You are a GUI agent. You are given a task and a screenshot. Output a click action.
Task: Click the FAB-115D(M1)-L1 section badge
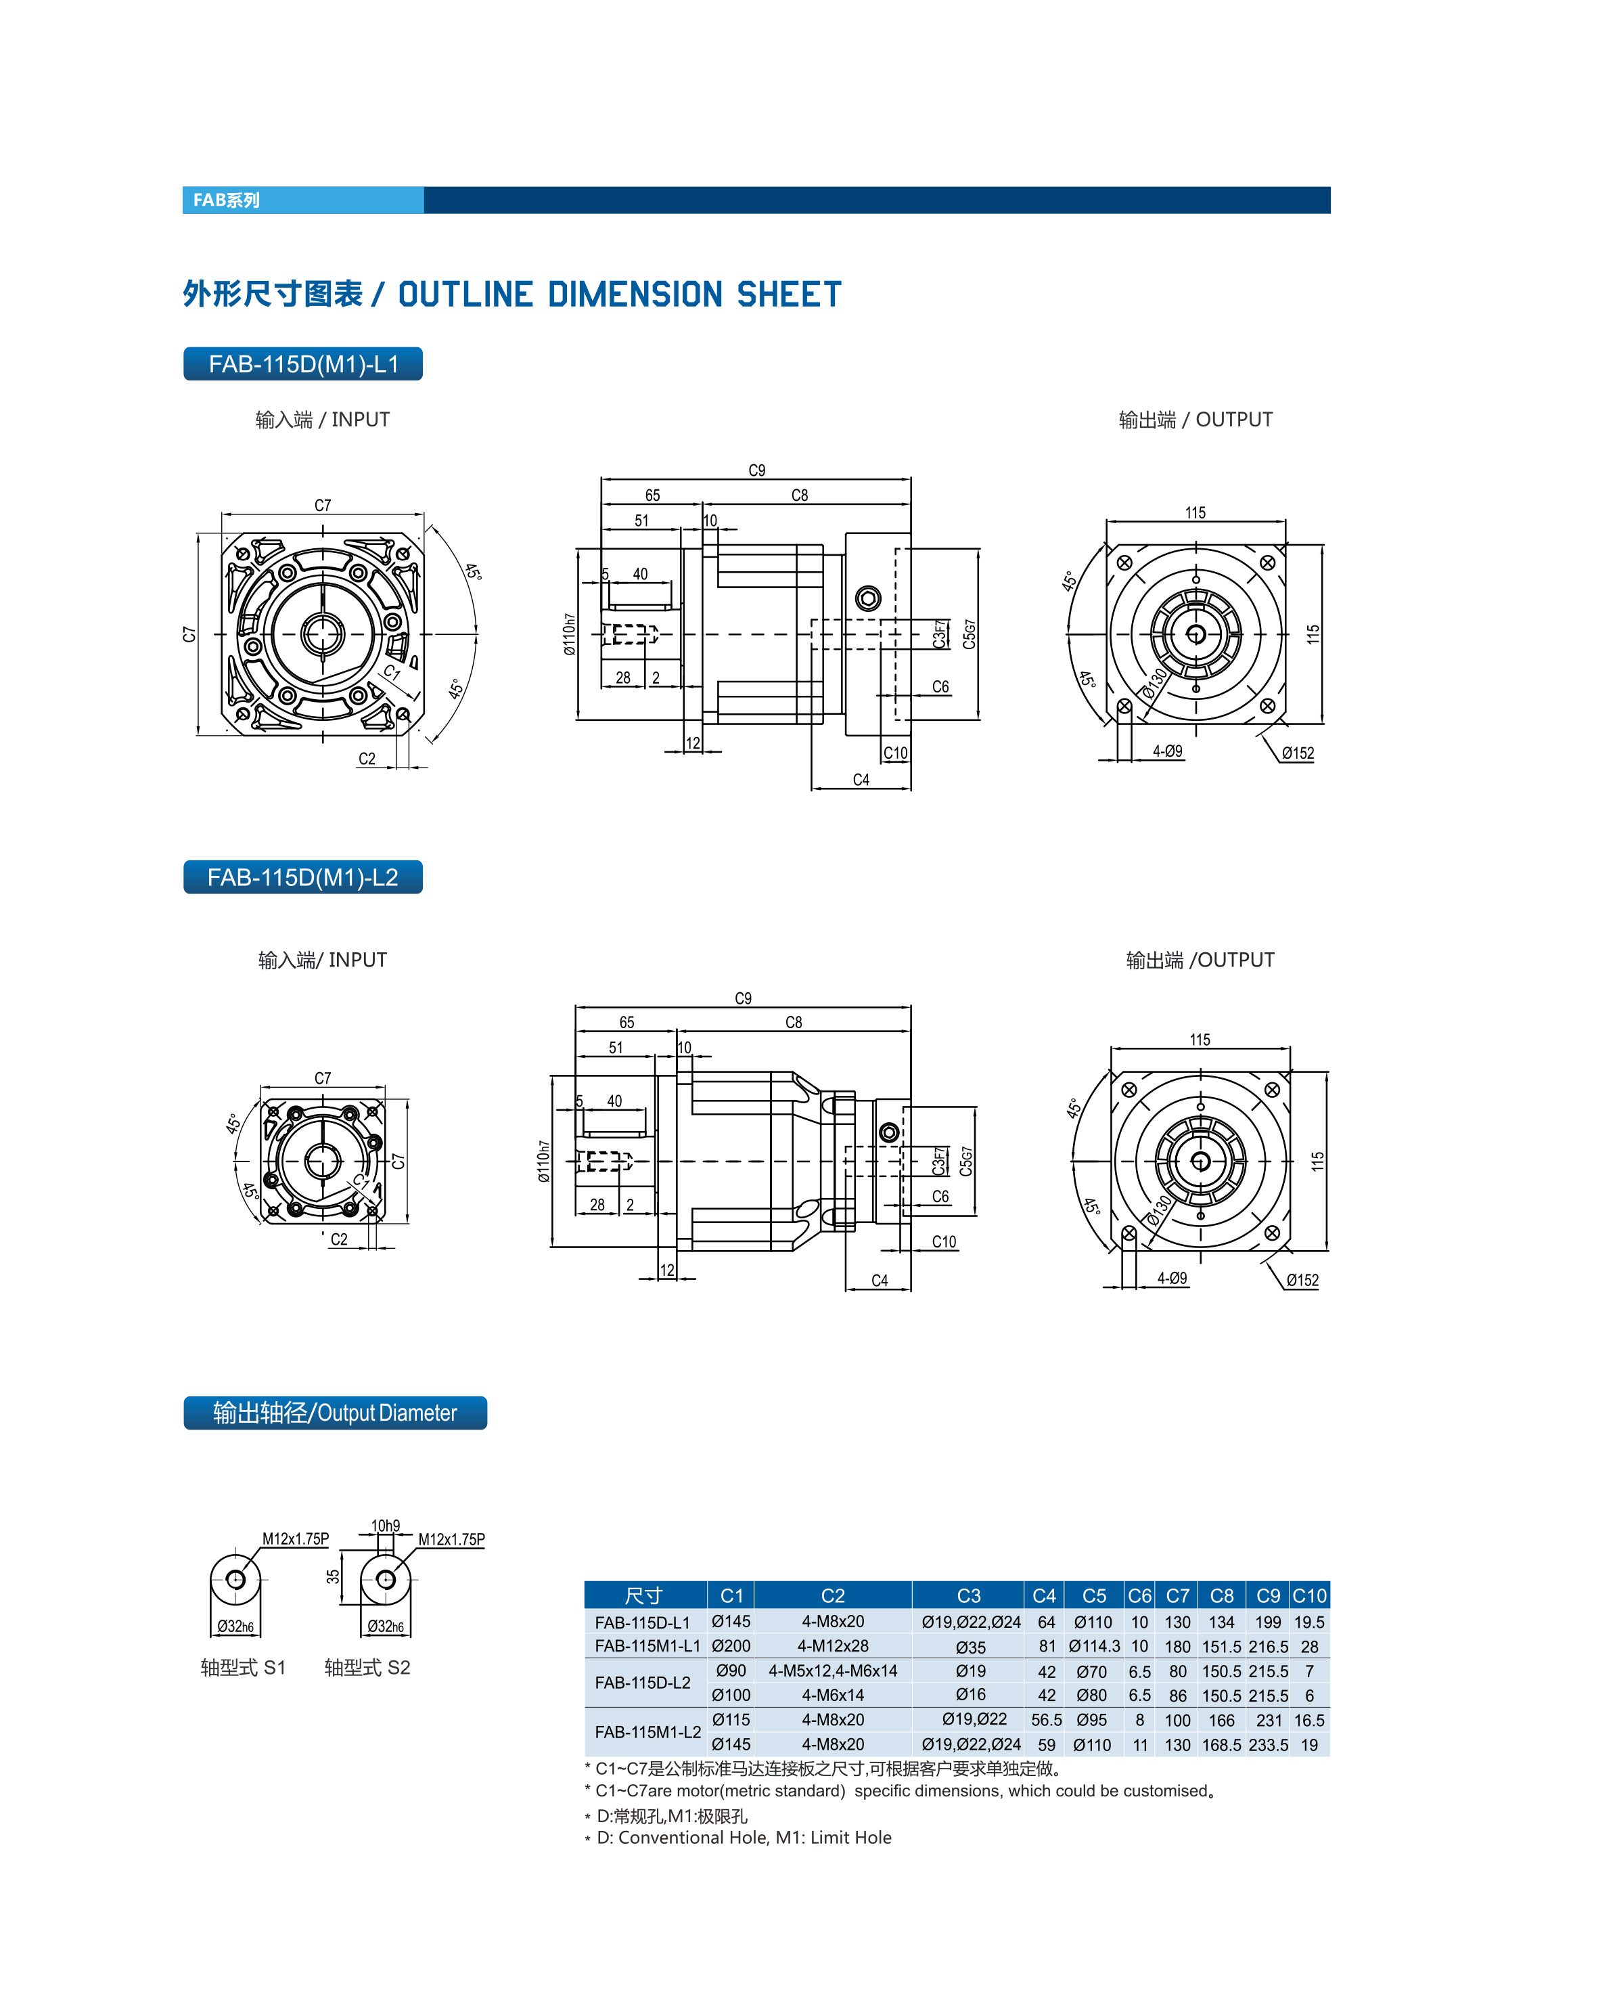tap(302, 363)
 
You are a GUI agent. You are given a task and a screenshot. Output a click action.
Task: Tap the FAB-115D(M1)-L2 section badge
tap(302, 877)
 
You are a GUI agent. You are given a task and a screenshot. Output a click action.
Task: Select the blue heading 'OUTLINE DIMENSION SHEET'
tap(619, 294)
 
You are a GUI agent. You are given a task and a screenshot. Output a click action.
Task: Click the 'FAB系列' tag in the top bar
tap(226, 200)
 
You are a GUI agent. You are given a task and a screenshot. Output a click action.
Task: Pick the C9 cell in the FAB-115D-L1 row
tap(1268, 1622)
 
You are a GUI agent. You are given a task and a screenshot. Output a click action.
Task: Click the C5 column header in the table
tap(1094, 1595)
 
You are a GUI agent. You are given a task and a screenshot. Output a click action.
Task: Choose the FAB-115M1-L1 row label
tap(647, 1646)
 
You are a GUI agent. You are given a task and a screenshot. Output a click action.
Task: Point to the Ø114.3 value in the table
tap(1094, 1646)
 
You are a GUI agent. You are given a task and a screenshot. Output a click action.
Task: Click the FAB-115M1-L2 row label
tap(647, 1732)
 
